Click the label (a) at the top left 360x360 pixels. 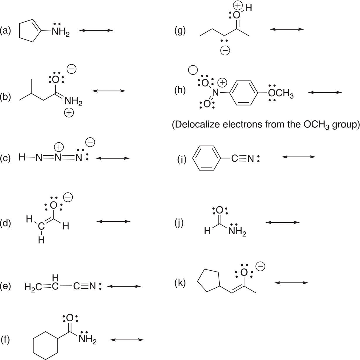point(5,31)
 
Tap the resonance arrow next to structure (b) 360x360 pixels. point(109,91)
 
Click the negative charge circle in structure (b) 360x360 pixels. point(72,69)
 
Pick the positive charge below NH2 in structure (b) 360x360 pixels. point(69,113)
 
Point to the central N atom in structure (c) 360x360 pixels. point(58,158)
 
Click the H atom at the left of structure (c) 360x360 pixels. point(22,157)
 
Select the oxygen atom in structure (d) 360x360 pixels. point(54,205)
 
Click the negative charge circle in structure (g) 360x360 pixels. point(225,50)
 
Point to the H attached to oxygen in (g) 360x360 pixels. point(249,8)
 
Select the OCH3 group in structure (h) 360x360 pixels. point(281,93)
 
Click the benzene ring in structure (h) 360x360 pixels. point(230,93)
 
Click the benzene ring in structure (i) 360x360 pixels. point(193,158)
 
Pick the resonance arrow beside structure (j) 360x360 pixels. point(282,222)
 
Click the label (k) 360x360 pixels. point(180,283)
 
